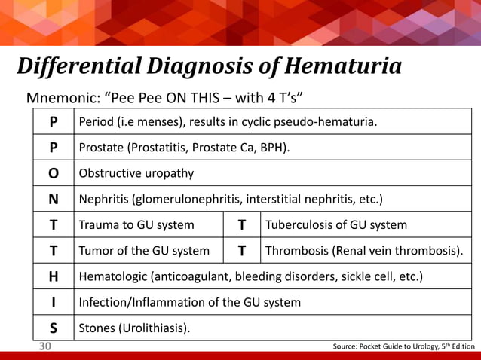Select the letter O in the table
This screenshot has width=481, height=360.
pyautogui.click(x=53, y=173)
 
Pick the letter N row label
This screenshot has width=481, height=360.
pyautogui.click(x=53, y=199)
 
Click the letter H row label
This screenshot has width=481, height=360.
pyautogui.click(x=53, y=276)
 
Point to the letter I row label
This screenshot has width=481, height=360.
pyautogui.click(x=53, y=302)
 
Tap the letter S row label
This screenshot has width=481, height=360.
pyautogui.click(x=53, y=328)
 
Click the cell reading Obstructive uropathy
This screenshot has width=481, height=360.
pyautogui.click(x=136, y=173)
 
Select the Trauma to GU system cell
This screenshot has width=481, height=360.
pyautogui.click(x=136, y=224)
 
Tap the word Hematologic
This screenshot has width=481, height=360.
pyautogui.click(x=114, y=276)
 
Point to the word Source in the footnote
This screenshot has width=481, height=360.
pyautogui.click(x=348, y=346)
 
